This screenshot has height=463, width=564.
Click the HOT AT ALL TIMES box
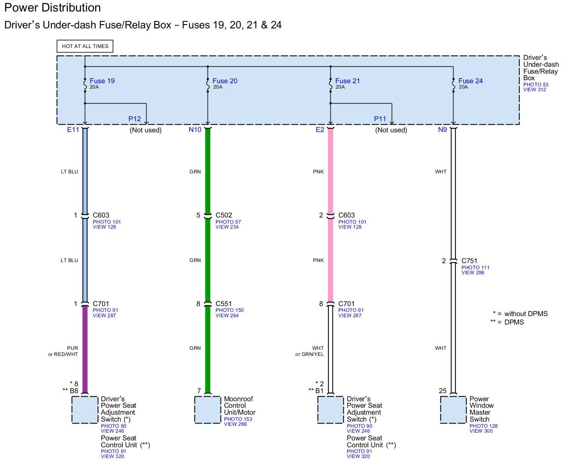(85, 46)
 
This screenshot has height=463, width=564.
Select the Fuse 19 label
(102, 81)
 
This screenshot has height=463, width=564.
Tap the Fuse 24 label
(470, 81)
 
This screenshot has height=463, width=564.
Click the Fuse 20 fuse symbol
(208, 86)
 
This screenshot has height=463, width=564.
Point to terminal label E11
(73, 130)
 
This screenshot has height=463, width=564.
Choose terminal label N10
(195, 130)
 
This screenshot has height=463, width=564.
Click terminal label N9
(442, 130)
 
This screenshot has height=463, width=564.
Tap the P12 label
(135, 119)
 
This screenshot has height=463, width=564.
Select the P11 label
(380, 119)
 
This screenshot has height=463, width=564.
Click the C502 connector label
(224, 215)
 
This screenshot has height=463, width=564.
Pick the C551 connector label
(224, 304)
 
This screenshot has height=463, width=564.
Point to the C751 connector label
(469, 261)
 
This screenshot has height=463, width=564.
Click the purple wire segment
(85, 349)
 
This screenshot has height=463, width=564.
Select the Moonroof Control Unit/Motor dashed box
(208, 410)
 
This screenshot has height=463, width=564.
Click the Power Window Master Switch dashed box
(453, 410)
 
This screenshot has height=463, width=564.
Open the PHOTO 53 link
(536, 85)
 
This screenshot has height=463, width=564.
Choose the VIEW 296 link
(473, 273)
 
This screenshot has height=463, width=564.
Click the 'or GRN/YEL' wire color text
(309, 354)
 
